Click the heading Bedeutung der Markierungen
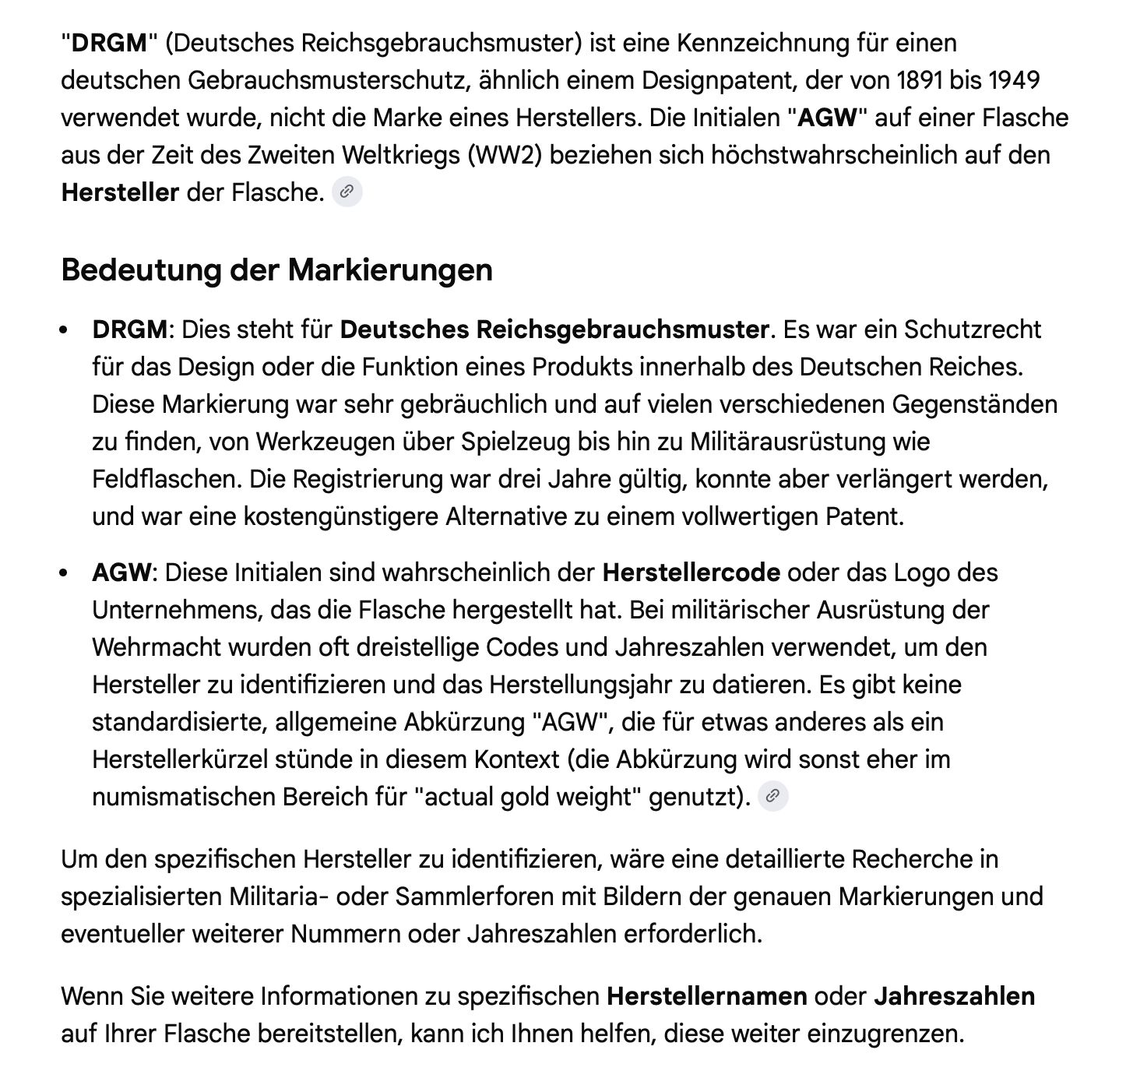276,269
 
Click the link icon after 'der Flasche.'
347,192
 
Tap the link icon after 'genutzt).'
772,796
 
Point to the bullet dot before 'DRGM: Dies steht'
65,330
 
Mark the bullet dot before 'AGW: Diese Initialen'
65,573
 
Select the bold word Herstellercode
691,572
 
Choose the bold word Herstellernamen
706,996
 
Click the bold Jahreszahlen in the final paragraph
954,996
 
